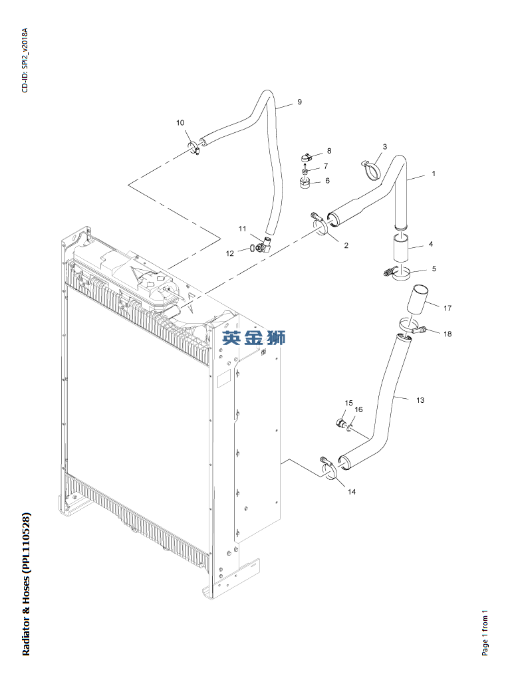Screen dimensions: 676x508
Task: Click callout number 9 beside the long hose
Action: pyautogui.click(x=299, y=102)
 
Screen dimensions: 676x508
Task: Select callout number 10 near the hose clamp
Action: pyautogui.click(x=180, y=122)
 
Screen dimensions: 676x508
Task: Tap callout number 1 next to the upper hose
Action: pyautogui.click(x=433, y=173)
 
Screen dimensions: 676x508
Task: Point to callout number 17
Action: pyautogui.click(x=447, y=308)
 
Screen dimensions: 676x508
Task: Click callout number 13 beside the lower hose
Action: pyautogui.click(x=420, y=400)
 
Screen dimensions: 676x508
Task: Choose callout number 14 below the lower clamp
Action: pyautogui.click(x=352, y=492)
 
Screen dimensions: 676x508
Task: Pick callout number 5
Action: pyautogui.click(x=434, y=269)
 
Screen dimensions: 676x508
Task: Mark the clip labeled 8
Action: pyautogui.click(x=306, y=158)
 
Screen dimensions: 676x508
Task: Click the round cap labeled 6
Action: pyautogui.click(x=306, y=183)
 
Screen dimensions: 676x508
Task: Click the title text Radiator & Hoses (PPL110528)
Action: pyautogui.click(x=27, y=584)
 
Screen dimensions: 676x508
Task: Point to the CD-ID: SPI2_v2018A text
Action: pyautogui.click(x=25, y=60)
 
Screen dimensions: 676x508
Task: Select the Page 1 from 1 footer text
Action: pyautogui.click(x=485, y=632)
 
